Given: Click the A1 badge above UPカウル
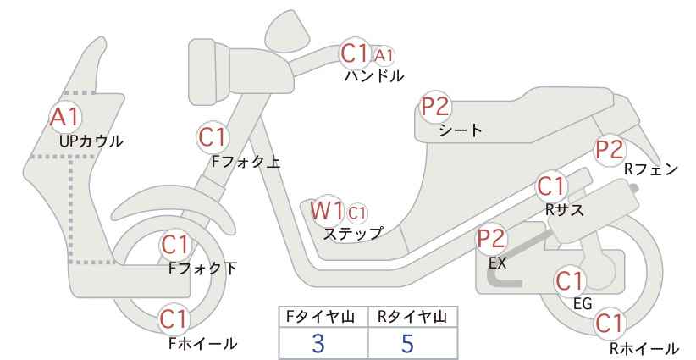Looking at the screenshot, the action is click(66, 117).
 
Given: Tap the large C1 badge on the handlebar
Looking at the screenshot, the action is click(355, 53).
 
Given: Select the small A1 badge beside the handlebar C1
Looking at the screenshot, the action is click(384, 56).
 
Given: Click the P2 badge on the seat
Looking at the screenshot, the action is click(436, 107).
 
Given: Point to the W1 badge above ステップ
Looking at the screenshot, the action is click(327, 210).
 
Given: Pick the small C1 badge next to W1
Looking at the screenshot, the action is click(357, 213).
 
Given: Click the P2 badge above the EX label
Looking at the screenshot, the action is click(492, 239).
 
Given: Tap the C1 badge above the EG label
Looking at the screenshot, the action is click(570, 281).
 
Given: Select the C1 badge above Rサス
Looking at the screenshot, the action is click(551, 186).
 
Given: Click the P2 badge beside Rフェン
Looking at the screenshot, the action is click(610, 150).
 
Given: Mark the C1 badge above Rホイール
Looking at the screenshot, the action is click(609, 324).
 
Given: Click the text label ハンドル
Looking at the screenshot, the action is click(374, 76).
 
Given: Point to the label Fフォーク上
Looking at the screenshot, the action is click(246, 162).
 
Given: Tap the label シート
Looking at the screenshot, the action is click(461, 130).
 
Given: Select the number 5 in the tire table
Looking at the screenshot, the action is click(407, 343).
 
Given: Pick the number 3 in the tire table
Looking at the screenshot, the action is click(318, 343).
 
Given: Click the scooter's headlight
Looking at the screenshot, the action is click(210, 72).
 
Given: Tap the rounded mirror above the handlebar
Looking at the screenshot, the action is click(288, 27).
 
